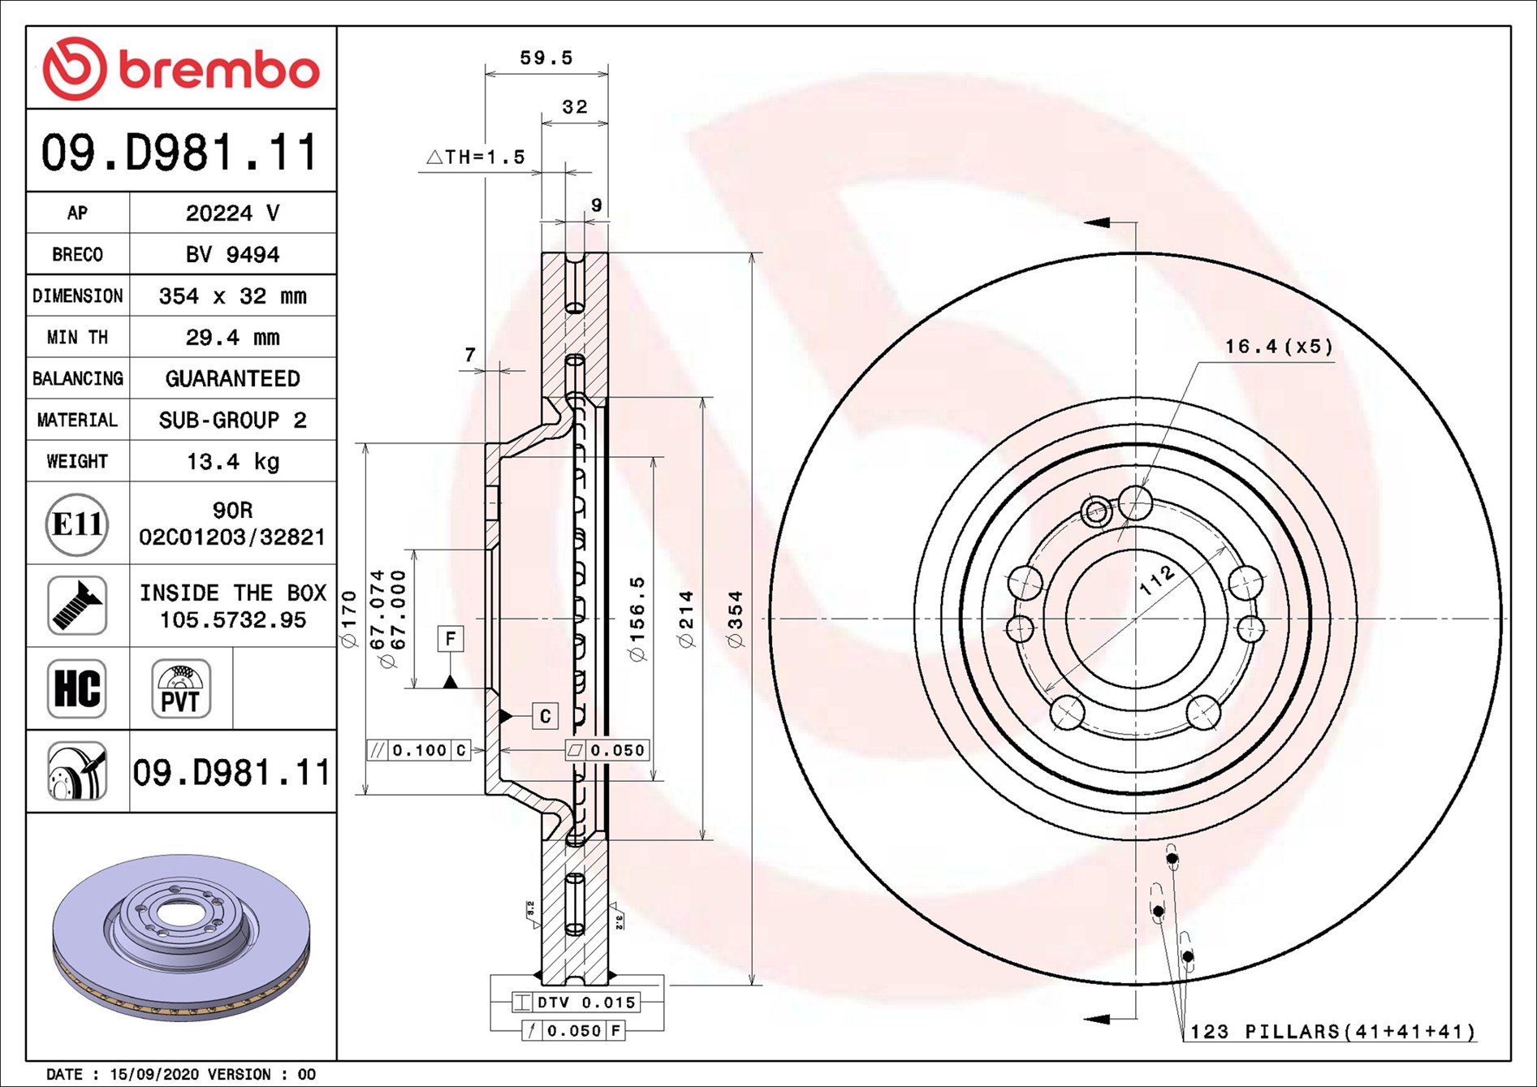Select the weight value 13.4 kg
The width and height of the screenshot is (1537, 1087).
[232, 462]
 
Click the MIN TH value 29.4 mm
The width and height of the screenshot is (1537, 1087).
[232, 337]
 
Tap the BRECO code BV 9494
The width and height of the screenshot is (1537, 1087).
[232, 254]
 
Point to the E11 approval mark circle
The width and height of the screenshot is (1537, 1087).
[77, 524]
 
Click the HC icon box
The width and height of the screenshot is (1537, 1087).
[77, 688]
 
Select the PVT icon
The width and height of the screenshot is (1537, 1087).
[180, 688]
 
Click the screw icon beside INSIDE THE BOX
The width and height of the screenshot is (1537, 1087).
[77, 606]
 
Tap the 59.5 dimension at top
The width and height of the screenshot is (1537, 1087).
[546, 58]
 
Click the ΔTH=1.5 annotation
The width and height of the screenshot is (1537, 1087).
[477, 157]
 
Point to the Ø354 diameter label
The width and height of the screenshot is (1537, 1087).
[736, 619]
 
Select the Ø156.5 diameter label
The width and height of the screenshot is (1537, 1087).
[638, 619]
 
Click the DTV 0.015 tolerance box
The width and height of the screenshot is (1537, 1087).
[576, 1003]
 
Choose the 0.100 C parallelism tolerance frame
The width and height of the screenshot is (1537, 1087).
[419, 750]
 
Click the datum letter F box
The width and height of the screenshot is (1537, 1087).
[451, 638]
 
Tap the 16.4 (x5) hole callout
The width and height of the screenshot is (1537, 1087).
[1278, 347]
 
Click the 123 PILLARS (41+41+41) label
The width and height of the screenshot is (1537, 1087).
[1332, 1032]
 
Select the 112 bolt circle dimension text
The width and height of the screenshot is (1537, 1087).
[1156, 580]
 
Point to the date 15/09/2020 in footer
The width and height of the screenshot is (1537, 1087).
[153, 1074]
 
